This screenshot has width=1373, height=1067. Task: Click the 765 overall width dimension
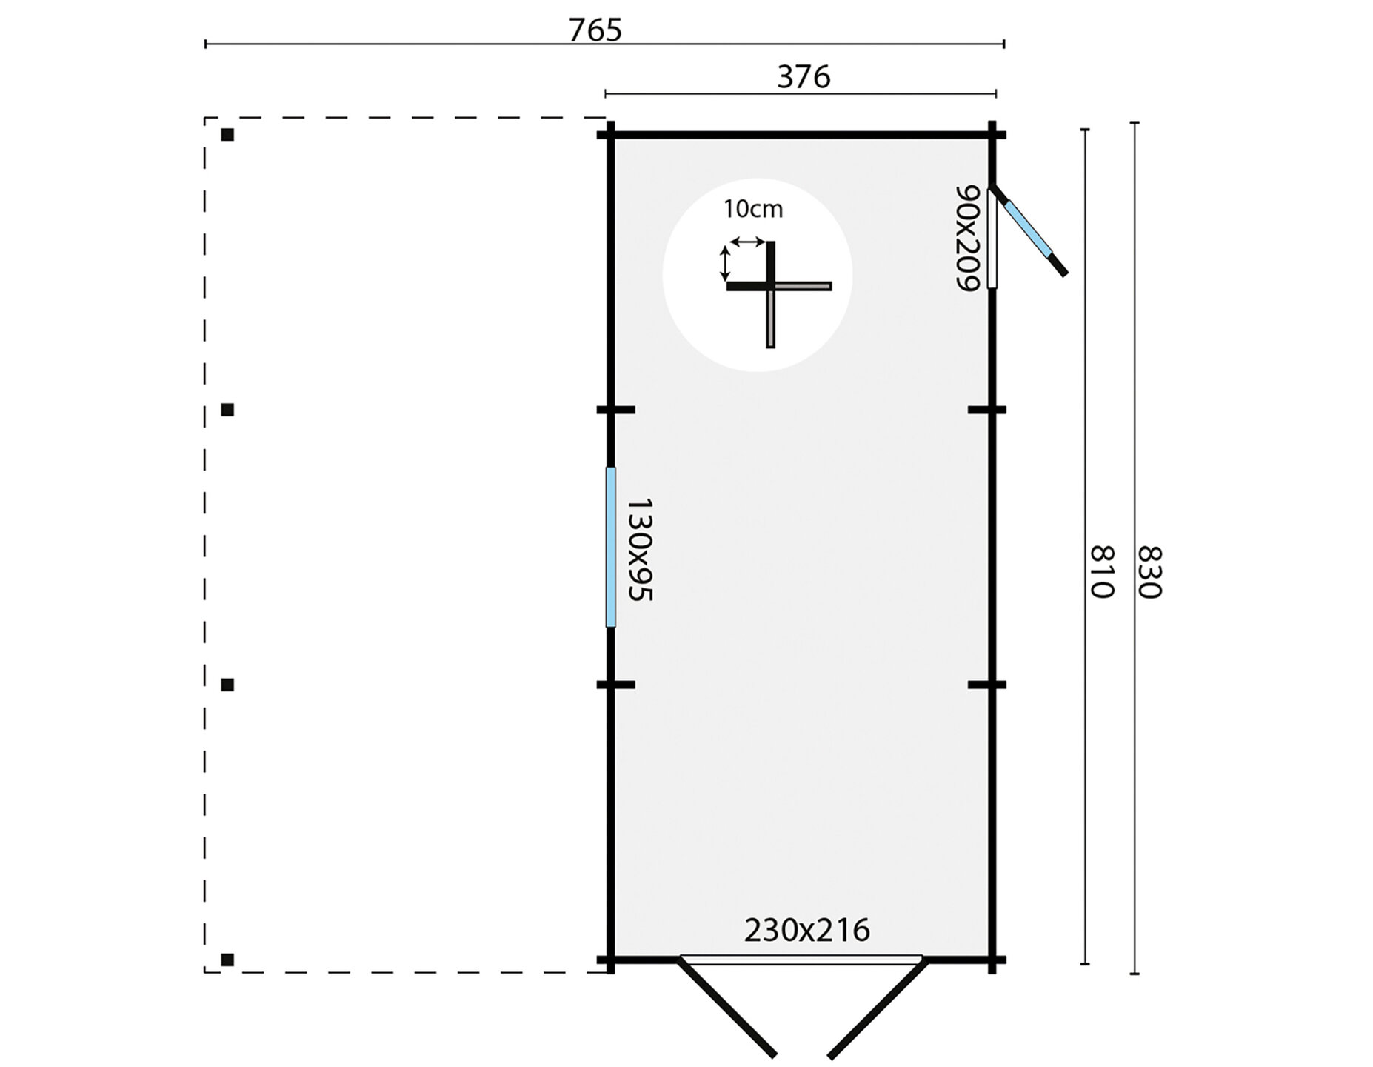point(595,30)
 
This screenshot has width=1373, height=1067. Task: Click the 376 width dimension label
point(804,77)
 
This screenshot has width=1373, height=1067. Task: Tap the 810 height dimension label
point(1102,571)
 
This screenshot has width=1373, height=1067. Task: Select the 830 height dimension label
point(1150,572)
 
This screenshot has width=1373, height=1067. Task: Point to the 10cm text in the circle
point(752,210)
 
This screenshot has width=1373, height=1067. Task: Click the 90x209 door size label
point(968,238)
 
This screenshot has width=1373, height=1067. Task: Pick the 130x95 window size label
point(639,548)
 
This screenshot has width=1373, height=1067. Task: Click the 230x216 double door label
point(806,930)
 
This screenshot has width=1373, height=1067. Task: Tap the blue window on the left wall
point(611,547)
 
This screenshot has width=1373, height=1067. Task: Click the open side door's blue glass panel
point(1026,227)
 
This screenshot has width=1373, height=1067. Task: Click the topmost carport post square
point(227,135)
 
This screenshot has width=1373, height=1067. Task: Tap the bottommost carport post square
point(227,960)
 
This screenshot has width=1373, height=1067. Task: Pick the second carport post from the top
point(227,410)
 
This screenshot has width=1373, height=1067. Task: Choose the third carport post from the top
point(227,685)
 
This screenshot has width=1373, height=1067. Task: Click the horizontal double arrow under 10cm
point(746,242)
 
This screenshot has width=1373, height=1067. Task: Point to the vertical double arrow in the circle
point(726,264)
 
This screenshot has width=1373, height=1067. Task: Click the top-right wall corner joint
point(992,135)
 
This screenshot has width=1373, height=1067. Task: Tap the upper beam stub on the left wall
point(616,410)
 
